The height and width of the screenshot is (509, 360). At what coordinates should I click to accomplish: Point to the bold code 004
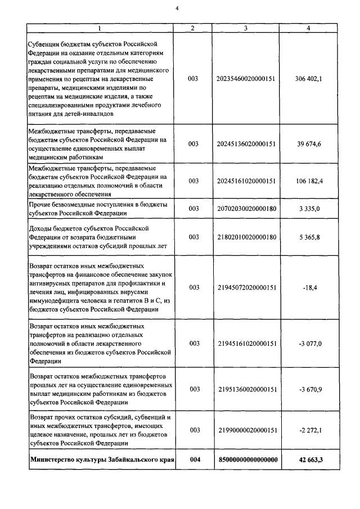coord(194,460)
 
